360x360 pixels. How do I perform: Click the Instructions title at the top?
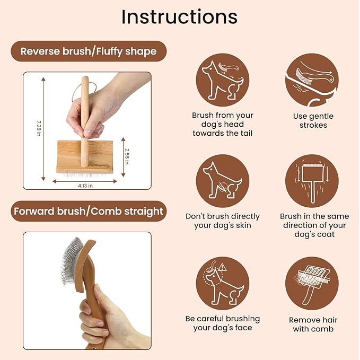click(179, 17)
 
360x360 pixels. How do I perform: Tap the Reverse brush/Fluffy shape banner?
click(88, 51)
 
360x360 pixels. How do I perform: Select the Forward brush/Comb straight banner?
click(88, 211)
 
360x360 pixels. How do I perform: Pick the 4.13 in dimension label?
click(85, 186)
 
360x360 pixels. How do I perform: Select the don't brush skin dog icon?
click(222, 181)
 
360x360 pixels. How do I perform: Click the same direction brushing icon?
click(312, 181)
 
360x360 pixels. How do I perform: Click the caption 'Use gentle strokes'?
click(313, 121)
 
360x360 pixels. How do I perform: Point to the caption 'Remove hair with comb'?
click(313, 324)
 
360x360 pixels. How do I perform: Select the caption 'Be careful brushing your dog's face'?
click(223, 323)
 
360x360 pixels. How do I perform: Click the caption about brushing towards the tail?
click(223, 124)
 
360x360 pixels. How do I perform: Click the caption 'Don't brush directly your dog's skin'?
click(223, 221)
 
